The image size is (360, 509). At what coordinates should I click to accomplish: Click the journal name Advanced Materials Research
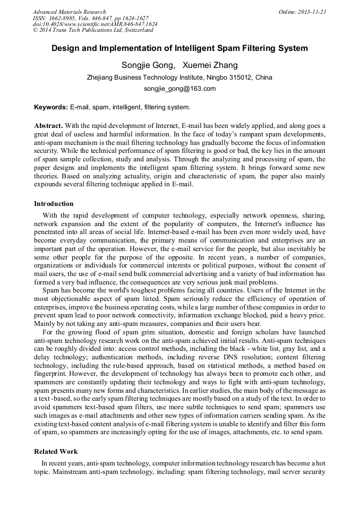[69, 12]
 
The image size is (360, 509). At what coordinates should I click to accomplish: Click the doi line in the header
[95, 24]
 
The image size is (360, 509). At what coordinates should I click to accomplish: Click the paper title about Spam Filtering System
[179, 48]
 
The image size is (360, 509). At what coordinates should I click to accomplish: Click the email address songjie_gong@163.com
[179, 89]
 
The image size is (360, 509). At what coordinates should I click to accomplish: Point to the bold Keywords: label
[51, 107]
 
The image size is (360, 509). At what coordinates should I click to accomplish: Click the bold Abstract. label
[48, 126]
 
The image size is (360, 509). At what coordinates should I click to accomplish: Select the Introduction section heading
[54, 204]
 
